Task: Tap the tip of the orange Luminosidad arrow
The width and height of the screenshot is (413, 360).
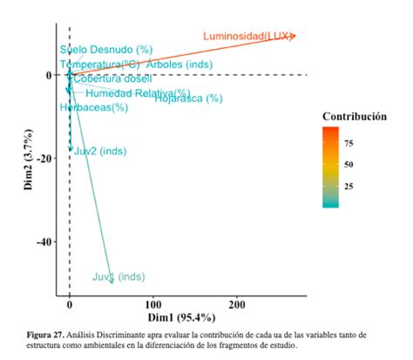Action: [295, 35]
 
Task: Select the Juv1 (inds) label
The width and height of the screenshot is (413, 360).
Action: [118, 276]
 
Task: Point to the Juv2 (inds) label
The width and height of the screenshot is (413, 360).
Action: [100, 151]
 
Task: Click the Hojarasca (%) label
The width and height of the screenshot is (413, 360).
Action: [188, 98]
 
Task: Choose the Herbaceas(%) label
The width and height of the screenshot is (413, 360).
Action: [94, 107]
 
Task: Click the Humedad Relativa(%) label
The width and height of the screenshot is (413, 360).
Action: [137, 93]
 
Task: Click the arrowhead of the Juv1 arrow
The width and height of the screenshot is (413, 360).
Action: [112, 281]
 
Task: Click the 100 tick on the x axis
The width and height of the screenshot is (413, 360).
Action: [153, 306]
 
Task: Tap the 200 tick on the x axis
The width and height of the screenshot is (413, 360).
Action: [237, 306]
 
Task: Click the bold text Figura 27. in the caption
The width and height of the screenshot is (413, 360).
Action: [47, 335]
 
